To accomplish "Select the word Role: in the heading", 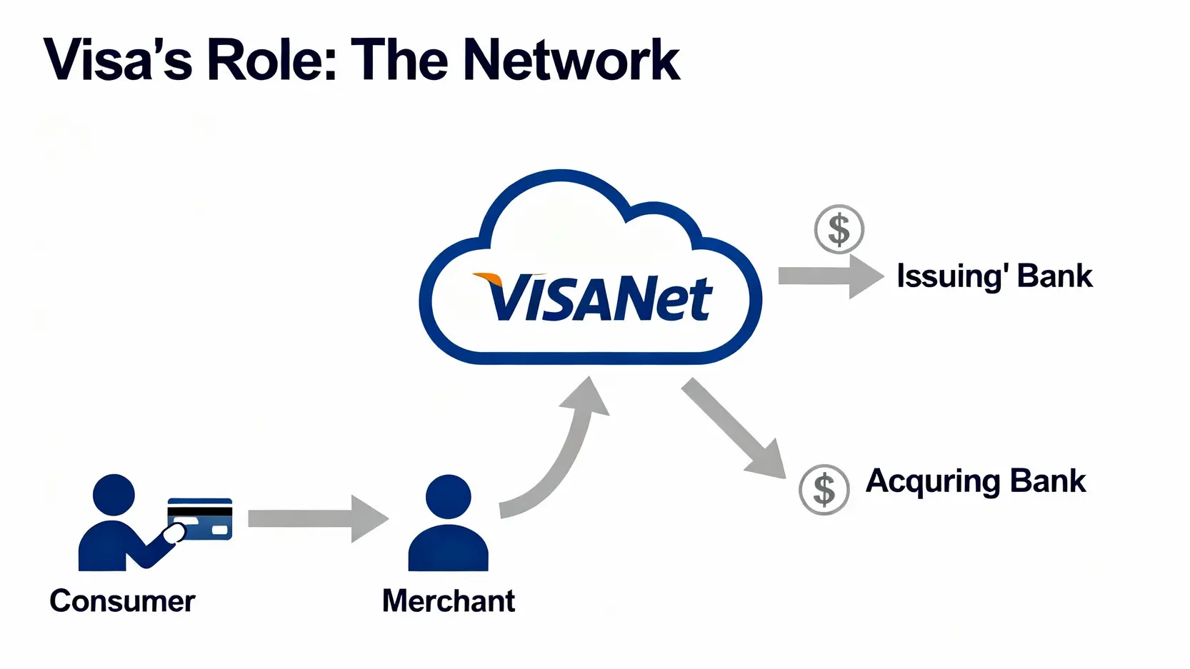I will pyautogui.click(x=271, y=60).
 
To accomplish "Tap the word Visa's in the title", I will pyautogui.click(x=118, y=60).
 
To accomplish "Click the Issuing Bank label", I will pyautogui.click(x=994, y=276).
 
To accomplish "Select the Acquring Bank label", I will pyautogui.click(x=975, y=481).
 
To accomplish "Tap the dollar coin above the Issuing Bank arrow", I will pyautogui.click(x=839, y=229).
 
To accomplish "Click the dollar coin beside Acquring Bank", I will pyautogui.click(x=824, y=490).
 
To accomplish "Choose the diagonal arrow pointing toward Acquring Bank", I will pyautogui.click(x=732, y=429).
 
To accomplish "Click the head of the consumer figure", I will pyautogui.click(x=114, y=495).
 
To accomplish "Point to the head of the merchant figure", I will pyautogui.click(x=448, y=496).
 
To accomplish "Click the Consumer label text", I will pyautogui.click(x=122, y=601).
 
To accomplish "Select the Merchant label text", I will pyautogui.click(x=448, y=601).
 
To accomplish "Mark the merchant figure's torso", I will pyautogui.click(x=448, y=548).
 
